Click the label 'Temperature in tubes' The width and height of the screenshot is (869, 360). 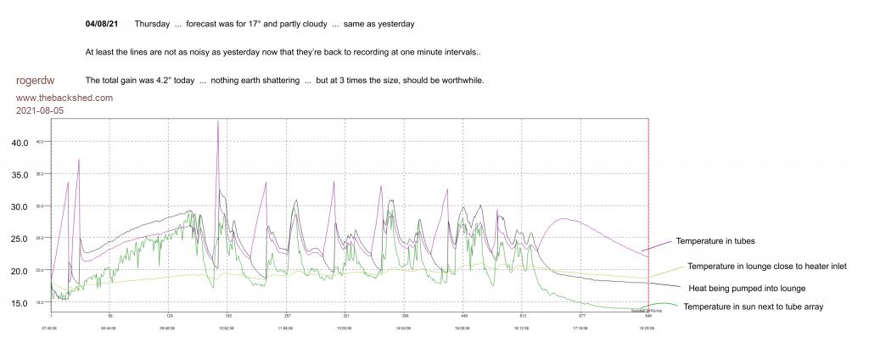coord(715,241)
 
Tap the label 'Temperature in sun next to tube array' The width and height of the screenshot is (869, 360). coord(754,307)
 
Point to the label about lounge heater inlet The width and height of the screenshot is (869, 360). coord(767,267)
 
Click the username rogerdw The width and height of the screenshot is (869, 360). coord(36,81)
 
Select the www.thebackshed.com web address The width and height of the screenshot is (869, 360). coord(64,98)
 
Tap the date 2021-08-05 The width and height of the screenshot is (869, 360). coord(40,110)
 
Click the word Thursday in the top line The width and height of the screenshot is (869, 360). coord(152,24)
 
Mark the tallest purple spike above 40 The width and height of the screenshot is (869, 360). coord(218,121)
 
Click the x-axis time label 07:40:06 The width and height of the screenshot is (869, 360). coord(51,328)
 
